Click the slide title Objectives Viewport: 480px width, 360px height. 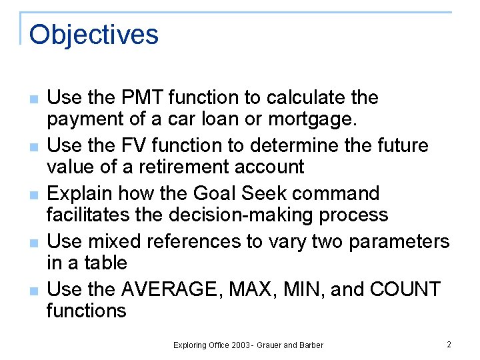[x=94, y=35]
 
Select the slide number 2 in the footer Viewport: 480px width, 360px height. [x=449, y=345]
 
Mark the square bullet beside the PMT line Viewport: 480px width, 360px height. [x=33, y=99]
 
